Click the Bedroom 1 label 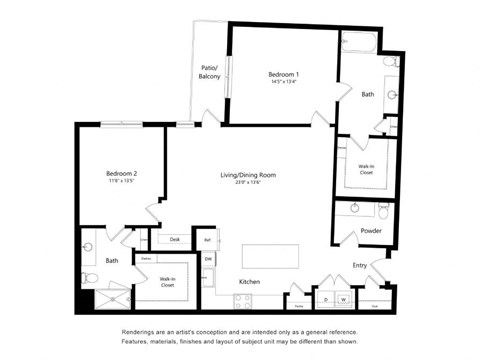(x=283, y=75)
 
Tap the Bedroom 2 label (x=121, y=174)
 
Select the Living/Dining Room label (x=248, y=175)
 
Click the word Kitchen (x=250, y=282)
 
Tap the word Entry (x=359, y=265)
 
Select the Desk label (x=174, y=239)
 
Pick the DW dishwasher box (x=209, y=259)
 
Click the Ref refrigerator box (x=208, y=240)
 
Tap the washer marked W (x=343, y=298)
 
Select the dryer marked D (x=325, y=298)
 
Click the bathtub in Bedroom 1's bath (x=358, y=43)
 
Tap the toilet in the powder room (x=384, y=211)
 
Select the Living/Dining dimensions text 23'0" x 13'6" (x=248, y=183)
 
